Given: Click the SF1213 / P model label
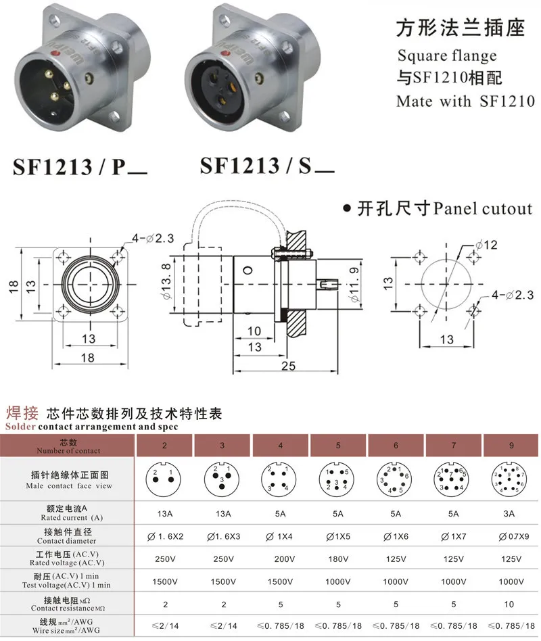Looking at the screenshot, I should click(x=80, y=166).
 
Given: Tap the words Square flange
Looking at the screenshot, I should click(x=446, y=55).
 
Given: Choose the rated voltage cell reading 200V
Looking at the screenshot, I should click(x=281, y=559).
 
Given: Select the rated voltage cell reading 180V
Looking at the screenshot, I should click(x=339, y=559).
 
